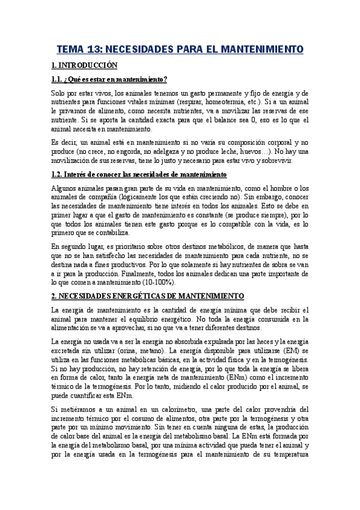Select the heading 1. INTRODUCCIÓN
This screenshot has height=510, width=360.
pyautogui.click(x=84, y=65)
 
